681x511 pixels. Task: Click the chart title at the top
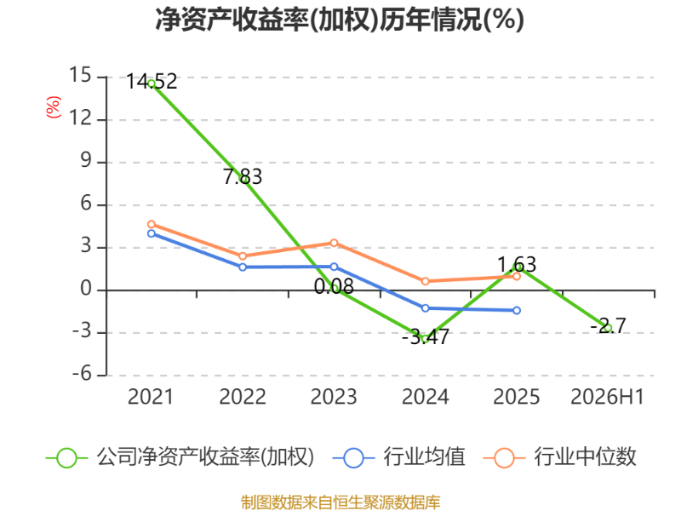pos(340,20)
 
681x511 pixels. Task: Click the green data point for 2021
pos(152,83)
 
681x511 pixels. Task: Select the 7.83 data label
pos(243,177)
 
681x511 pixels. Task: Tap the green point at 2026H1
pos(608,328)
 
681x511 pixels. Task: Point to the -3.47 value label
pos(425,337)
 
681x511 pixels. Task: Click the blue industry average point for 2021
pos(152,233)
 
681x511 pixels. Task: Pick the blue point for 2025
pos(517,310)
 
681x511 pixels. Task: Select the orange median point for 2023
pos(334,243)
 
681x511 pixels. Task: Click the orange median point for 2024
pos(425,281)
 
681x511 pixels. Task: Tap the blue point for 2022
pos(243,267)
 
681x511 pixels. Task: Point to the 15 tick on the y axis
pos(80,76)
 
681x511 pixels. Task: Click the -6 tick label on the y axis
pos(82,374)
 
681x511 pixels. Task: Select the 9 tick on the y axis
pos(87,161)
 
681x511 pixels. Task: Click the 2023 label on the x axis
pos(334,397)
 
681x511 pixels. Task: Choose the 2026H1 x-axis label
pos(607,397)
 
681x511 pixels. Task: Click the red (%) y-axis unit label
pos(54,107)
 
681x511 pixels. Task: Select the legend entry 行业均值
pos(424,457)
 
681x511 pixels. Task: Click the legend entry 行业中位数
pos(585,457)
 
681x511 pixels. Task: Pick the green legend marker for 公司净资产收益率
pos(67,458)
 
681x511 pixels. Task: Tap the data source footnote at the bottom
pos(340,502)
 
